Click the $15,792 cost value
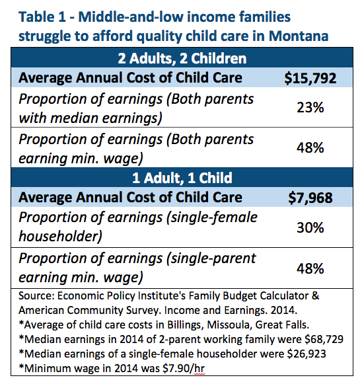coord(310,79)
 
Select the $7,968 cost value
coord(310,198)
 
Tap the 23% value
coord(310,108)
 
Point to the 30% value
coord(310,227)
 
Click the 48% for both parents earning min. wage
coord(310,148)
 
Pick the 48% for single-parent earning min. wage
coord(310,268)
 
